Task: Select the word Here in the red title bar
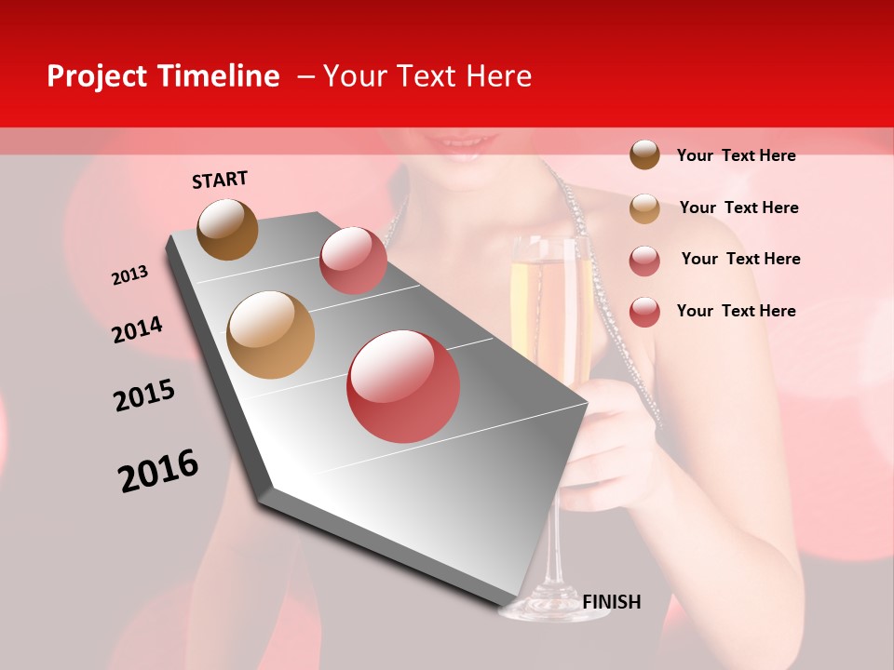[x=498, y=76]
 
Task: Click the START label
[x=220, y=180]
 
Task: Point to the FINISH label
[x=611, y=602]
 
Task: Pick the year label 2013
[x=130, y=275]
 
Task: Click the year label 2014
[x=137, y=329]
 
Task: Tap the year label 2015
[x=144, y=395]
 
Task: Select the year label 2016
[x=158, y=471]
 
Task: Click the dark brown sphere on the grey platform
[x=228, y=230]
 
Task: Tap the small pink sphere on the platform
[x=353, y=260]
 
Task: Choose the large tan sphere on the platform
[x=271, y=335]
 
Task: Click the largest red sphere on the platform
[x=403, y=386]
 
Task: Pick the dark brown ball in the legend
[x=644, y=154]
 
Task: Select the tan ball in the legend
[x=644, y=208]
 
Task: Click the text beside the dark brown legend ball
[x=736, y=155]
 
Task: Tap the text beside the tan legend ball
[x=738, y=208]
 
